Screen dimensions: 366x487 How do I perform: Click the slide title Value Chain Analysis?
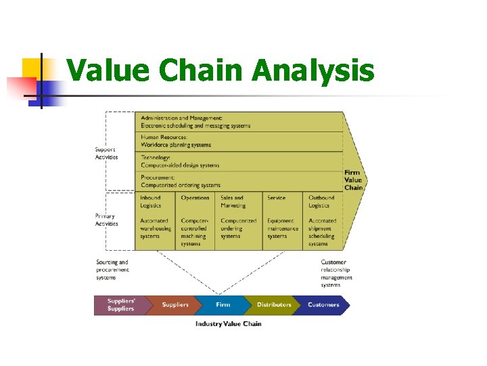click(221, 70)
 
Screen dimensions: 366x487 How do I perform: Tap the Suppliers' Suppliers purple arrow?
click(120, 305)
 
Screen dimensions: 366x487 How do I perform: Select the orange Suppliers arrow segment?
click(175, 305)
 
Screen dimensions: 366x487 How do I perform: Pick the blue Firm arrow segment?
click(223, 305)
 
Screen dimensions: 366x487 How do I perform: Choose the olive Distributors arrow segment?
click(273, 305)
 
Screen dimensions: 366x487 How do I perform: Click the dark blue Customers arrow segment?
click(323, 305)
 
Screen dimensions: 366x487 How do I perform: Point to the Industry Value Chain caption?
click(228, 324)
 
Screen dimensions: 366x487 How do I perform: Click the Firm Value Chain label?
click(352, 180)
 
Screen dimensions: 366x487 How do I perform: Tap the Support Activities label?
click(106, 153)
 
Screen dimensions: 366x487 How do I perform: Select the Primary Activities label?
click(106, 220)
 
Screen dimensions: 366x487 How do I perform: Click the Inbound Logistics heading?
click(151, 201)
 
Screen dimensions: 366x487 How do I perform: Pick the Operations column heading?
click(195, 198)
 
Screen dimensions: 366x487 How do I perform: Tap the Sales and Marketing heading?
click(233, 201)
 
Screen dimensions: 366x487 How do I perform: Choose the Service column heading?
click(276, 198)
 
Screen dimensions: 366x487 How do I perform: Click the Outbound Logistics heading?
click(321, 201)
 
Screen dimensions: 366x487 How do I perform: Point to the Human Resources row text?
click(176, 141)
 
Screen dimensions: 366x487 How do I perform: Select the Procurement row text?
click(181, 181)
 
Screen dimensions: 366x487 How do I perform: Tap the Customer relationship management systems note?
click(336, 273)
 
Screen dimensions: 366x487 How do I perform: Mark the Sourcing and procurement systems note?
click(112, 270)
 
